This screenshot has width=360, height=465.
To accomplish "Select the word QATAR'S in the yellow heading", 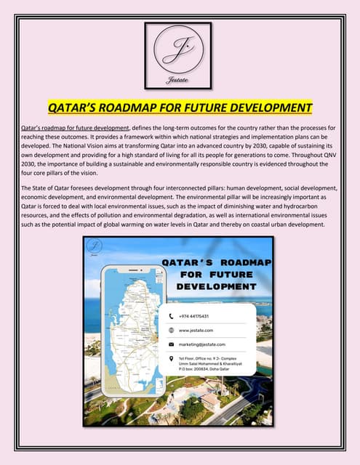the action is point(75,108).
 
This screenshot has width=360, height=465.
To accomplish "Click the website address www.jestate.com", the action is point(194,330).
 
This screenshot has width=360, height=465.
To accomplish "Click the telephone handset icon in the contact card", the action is point(172,317).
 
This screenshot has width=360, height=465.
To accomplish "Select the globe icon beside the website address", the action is point(172,330).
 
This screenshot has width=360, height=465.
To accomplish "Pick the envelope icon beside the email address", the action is point(172,344).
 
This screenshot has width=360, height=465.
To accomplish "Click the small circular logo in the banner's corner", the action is point(95,246).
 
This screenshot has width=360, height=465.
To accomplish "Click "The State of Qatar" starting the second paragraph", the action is point(48,185).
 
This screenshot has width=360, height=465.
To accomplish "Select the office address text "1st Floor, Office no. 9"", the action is point(205,358).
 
